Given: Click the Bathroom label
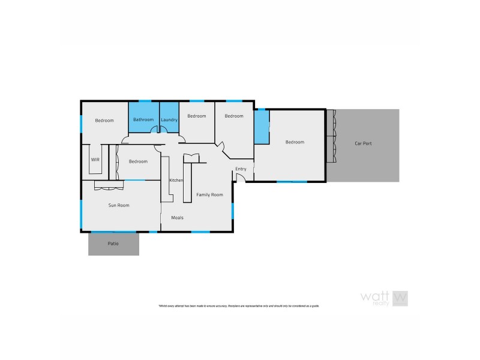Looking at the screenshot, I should point(143,120).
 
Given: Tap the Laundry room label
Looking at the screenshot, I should point(169,120).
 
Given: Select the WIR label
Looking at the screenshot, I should point(95,160).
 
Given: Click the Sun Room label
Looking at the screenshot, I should point(119,205).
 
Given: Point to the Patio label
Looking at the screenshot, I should point(113,244).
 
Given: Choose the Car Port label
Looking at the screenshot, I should point(364,143).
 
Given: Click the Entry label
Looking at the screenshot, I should point(241,169).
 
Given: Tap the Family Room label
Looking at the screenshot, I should point(210,194).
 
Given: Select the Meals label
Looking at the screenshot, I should point(177,217).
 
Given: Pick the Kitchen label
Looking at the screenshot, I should point(176,181).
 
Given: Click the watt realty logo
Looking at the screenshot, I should point(384,298).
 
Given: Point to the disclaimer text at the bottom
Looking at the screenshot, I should point(239,306).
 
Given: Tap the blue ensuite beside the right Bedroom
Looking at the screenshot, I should point(262,126).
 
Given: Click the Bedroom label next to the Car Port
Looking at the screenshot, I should point(295,142).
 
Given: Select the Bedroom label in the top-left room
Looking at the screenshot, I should point(104,121).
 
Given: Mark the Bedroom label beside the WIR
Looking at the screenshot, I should point(138,161).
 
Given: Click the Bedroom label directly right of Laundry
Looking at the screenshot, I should point(197,116).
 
